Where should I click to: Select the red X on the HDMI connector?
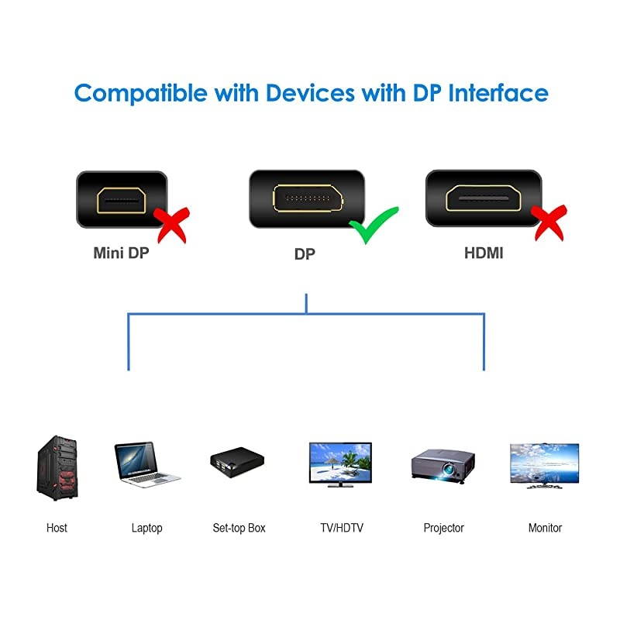pos(547,222)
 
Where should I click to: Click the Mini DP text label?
pos(121,253)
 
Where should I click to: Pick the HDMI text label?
pos(483,253)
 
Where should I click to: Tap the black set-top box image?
pos(237,464)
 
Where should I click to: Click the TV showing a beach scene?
pos(340,464)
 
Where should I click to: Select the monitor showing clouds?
pos(543,464)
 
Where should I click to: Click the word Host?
pos(57,528)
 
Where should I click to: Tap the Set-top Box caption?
pos(239,528)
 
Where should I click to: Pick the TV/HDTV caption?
pos(341,528)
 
